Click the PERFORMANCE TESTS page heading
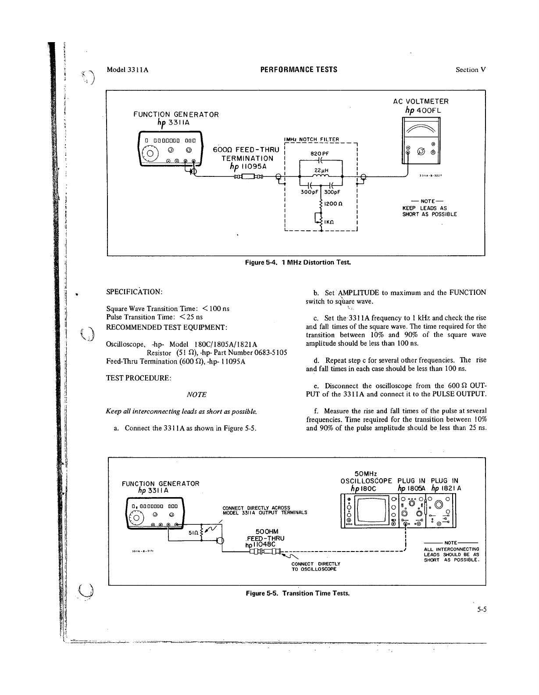(299, 69)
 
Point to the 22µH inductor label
(322, 171)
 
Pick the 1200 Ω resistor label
(333, 204)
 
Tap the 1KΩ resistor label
(330, 222)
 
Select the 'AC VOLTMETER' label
(421, 101)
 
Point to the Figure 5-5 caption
(298, 593)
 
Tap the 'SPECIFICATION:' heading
(134, 292)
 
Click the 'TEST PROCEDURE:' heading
(139, 378)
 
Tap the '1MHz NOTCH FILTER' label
(312, 140)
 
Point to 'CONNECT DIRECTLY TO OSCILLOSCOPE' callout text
(316, 566)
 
